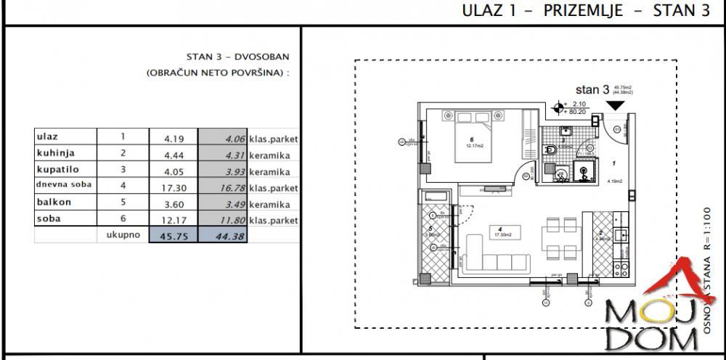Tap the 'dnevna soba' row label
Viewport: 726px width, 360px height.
coord(64,186)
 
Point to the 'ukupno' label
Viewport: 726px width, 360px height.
coord(123,235)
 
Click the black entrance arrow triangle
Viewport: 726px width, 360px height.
coord(616,106)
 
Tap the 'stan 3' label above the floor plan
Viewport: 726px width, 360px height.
coord(592,90)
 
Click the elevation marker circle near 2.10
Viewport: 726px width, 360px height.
coord(558,109)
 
